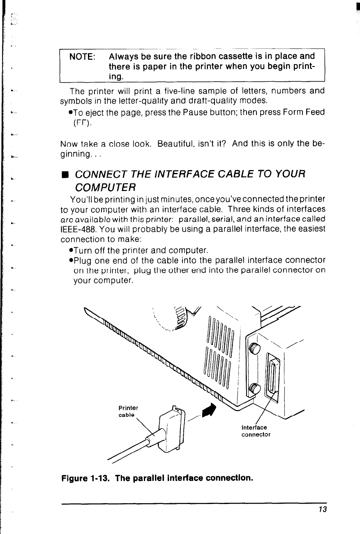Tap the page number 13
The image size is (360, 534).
[322, 509]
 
